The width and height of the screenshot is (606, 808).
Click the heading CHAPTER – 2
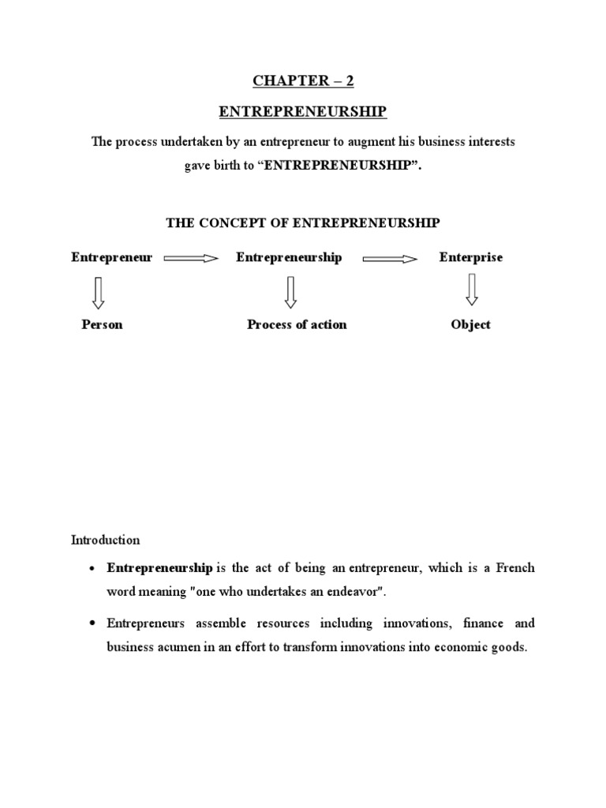pyautogui.click(x=303, y=80)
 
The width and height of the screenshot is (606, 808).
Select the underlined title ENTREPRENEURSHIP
pyautogui.click(x=303, y=111)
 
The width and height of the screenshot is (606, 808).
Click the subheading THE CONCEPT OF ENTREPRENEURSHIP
pyautogui.click(x=303, y=223)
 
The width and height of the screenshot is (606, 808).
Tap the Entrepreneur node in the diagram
pyautogui.click(x=111, y=257)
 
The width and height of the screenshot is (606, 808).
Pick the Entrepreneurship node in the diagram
pyautogui.click(x=289, y=257)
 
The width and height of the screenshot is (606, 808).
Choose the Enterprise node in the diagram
pyautogui.click(x=470, y=257)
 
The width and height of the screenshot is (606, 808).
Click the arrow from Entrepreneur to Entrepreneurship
pyautogui.click(x=190, y=258)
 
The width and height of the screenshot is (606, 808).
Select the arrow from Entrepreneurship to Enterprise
pyautogui.click(x=390, y=258)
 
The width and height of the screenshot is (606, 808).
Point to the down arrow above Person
pyautogui.click(x=99, y=291)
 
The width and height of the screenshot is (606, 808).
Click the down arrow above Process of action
pyautogui.click(x=290, y=291)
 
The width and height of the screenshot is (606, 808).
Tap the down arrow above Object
pyautogui.click(x=472, y=289)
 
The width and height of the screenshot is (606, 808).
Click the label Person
pyautogui.click(x=102, y=324)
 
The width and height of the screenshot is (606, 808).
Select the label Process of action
pyautogui.click(x=297, y=324)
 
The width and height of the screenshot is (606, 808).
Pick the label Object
pyautogui.click(x=470, y=324)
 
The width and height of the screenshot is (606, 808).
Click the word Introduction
pyautogui.click(x=106, y=541)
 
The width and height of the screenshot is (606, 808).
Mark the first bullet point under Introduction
pyautogui.click(x=94, y=569)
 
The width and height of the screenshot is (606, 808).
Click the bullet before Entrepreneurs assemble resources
pyautogui.click(x=94, y=624)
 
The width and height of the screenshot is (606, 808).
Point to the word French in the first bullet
pyautogui.click(x=515, y=567)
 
